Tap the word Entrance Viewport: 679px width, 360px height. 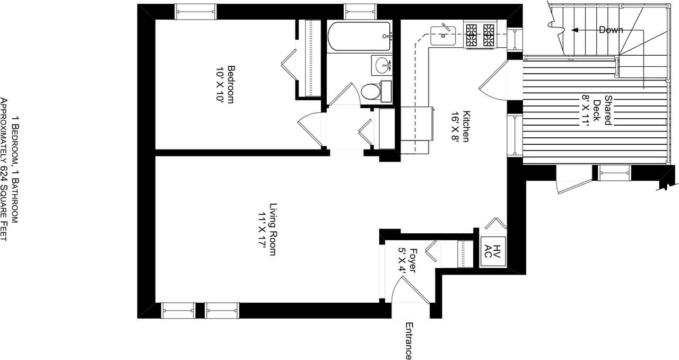[408, 340]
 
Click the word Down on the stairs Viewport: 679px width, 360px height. [611, 30]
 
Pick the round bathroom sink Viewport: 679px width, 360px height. [382, 66]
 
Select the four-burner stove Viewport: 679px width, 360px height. [480, 35]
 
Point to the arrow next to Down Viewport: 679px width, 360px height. [585, 30]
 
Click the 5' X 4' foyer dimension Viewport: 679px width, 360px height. [403, 260]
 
